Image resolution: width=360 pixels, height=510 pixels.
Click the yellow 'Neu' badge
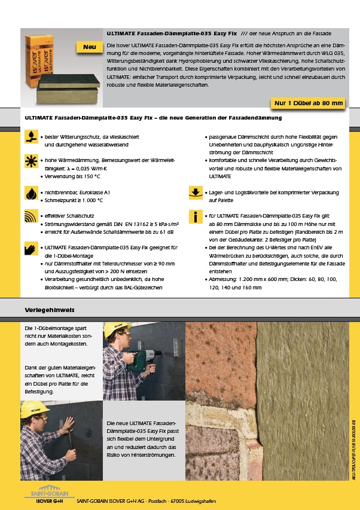[x=89, y=47]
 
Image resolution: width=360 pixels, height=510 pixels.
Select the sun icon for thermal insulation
[x=30, y=161]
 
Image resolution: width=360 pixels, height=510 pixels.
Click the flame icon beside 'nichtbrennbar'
[x=30, y=193]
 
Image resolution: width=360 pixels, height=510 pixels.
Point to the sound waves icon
[x=30, y=216]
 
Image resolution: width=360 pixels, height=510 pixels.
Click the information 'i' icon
[x=196, y=216]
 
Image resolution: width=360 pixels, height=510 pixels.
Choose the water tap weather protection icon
[x=30, y=138]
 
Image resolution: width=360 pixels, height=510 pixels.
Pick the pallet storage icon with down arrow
[x=196, y=193]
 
